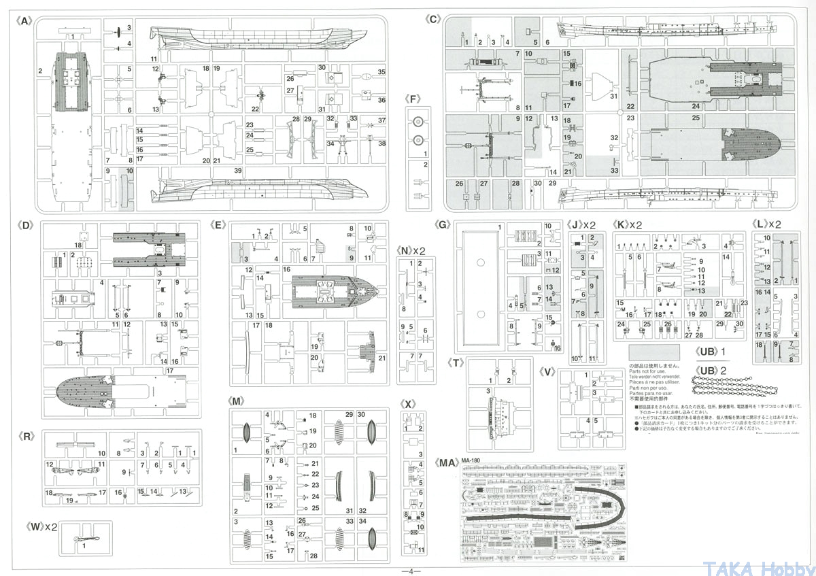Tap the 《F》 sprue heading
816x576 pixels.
pos(413,98)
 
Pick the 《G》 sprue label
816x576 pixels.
pos(442,224)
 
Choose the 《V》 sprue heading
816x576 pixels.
pos(548,371)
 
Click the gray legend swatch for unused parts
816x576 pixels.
pos(653,353)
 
